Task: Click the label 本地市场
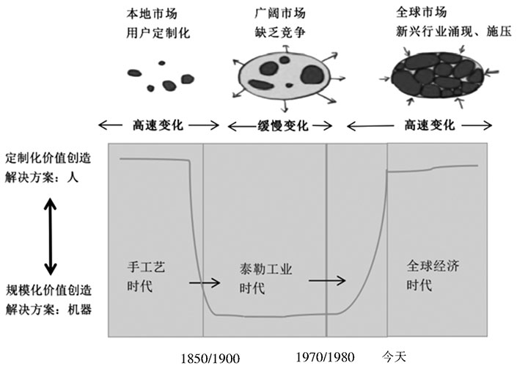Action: point(152,13)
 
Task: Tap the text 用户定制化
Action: point(158,33)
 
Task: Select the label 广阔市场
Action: point(280,12)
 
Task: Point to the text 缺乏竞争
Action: point(280,32)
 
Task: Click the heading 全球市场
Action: point(422,12)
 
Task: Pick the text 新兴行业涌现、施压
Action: point(454,32)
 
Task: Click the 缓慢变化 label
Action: point(283,125)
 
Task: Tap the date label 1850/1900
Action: point(210,359)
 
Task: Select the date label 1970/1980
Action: point(326,357)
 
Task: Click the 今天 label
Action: point(394,356)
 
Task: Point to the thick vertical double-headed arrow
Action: point(51,236)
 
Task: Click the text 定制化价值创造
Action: point(48,158)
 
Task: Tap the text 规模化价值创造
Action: point(49,290)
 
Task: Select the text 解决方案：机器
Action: point(49,310)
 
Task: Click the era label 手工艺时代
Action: point(146,277)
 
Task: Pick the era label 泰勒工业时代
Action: point(266,279)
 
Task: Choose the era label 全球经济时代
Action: point(433,276)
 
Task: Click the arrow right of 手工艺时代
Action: point(205,282)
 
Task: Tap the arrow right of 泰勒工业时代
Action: point(327,280)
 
